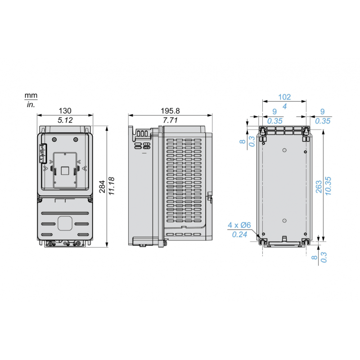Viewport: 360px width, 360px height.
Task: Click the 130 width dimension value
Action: (x=65, y=110)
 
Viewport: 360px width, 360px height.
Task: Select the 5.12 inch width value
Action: (x=65, y=120)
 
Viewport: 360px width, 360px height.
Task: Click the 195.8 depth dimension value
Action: (x=170, y=110)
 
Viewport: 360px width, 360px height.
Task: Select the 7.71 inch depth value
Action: (x=170, y=120)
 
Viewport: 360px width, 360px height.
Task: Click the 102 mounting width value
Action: (x=284, y=97)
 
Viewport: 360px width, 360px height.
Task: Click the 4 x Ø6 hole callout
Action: (x=239, y=225)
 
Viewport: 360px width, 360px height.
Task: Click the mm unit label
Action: (x=31, y=96)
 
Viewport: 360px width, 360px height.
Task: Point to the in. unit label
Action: (x=30, y=104)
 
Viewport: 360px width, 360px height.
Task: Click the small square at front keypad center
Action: (x=65, y=170)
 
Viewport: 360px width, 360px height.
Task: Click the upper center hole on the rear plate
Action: (x=284, y=150)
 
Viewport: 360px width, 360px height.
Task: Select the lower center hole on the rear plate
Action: (x=284, y=220)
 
